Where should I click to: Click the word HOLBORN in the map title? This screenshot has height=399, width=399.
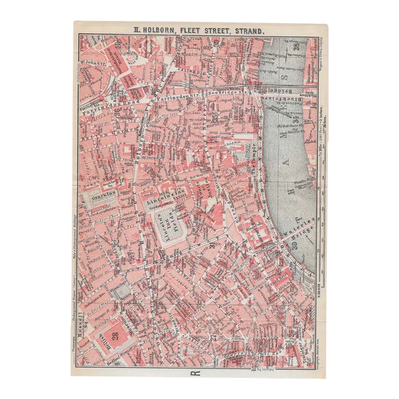163,29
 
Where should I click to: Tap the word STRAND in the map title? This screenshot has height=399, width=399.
247,29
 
